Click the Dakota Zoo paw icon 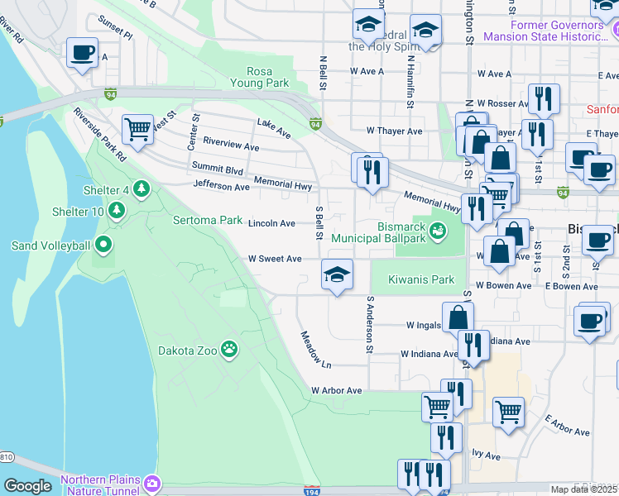coord(229,351)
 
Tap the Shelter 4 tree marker coord(142,190)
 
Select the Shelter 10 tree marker coord(117,212)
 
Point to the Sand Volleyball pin coord(103,245)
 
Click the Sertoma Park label coord(207,221)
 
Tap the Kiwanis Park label coord(421,279)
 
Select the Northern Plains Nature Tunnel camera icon coord(151,483)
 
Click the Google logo coord(27,487)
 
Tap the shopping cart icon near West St coord(137,128)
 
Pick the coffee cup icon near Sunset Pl coord(82,53)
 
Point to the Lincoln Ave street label coord(271,223)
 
